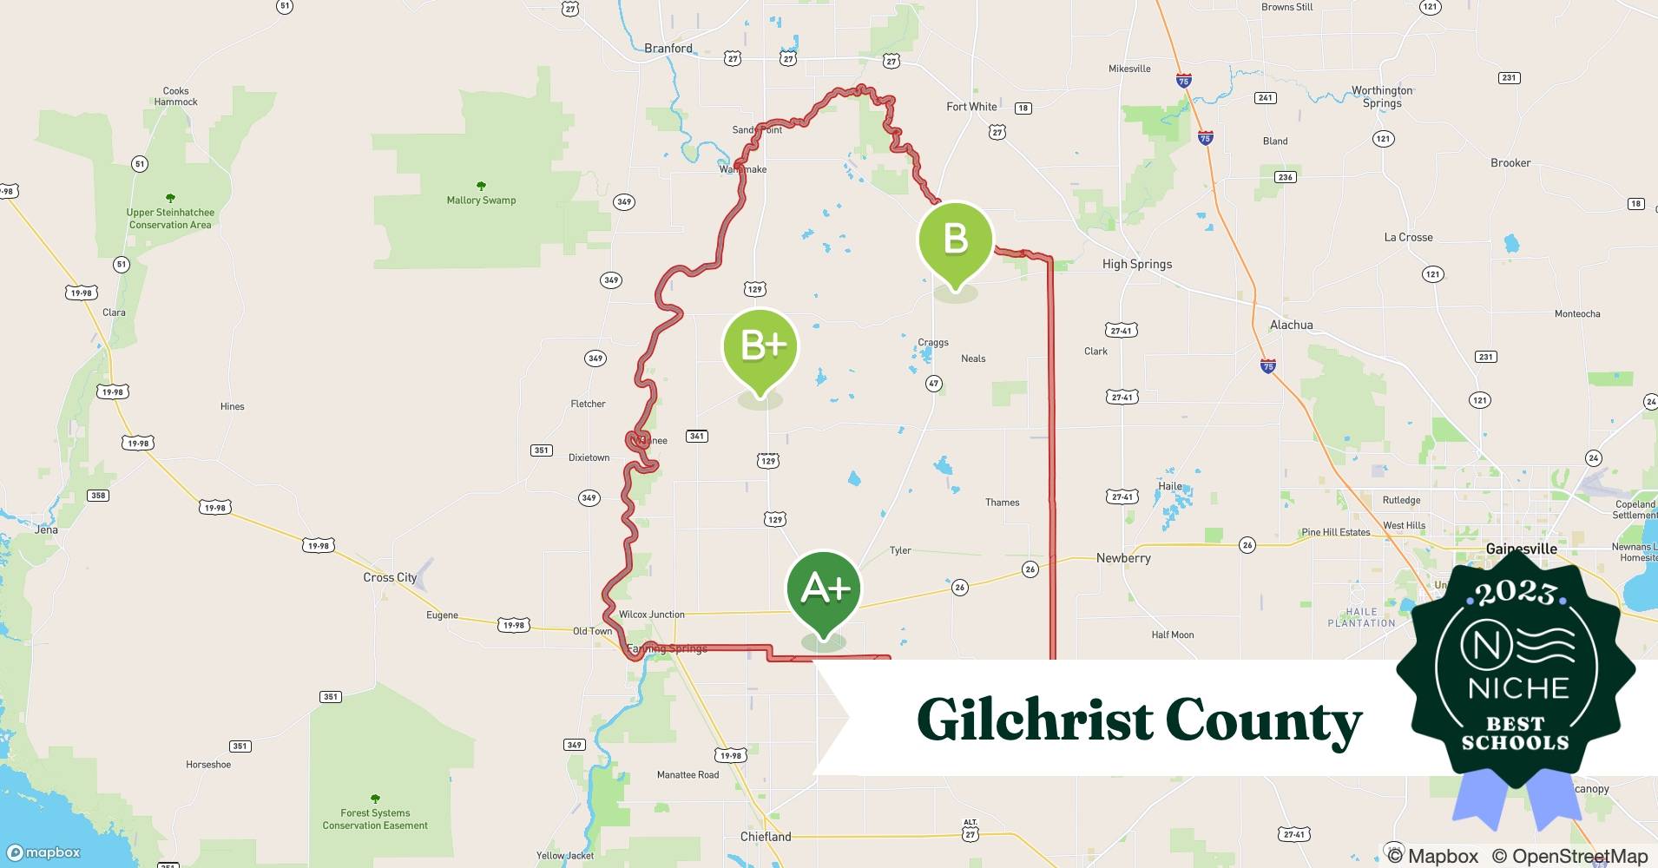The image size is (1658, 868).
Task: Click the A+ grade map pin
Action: [824, 589]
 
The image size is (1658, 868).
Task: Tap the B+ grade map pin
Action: [760, 347]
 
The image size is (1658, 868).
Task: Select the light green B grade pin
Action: [955, 240]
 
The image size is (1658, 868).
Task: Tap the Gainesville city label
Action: [1521, 549]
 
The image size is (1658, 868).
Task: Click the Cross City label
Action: [390, 577]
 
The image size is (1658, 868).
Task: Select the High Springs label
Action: [1136, 264]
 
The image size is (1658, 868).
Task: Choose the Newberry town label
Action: [1123, 558]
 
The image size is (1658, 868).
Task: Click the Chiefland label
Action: [766, 837]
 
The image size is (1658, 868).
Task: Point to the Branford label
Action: [668, 49]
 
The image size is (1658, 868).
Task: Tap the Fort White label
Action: [971, 107]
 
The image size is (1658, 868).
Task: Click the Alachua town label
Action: [1291, 325]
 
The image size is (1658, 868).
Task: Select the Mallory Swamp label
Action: [481, 200]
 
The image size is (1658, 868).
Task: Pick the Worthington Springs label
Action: [1382, 96]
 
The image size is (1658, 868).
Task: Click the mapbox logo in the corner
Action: [43, 852]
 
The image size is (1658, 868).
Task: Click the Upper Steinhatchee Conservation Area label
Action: [170, 218]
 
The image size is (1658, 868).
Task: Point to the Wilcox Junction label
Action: [651, 615]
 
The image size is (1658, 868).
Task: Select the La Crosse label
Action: [1408, 237]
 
